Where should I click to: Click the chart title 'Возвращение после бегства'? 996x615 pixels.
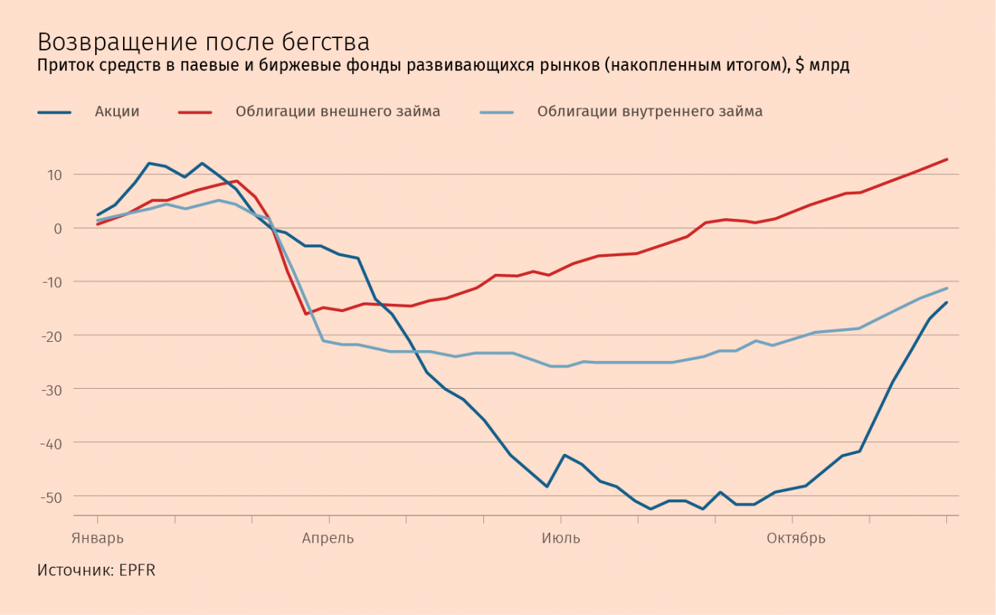click(x=204, y=41)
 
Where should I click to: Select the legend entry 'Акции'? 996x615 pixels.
click(x=116, y=111)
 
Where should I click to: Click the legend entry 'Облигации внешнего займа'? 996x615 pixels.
click(x=338, y=111)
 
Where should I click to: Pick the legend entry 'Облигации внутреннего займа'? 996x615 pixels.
click(x=650, y=111)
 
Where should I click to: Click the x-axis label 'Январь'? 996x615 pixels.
click(x=97, y=538)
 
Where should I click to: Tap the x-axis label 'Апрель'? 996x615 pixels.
click(x=328, y=538)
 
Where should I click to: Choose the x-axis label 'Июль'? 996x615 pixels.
click(x=561, y=538)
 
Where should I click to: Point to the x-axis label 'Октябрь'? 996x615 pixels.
click(x=796, y=538)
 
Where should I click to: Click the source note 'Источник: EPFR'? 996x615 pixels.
click(x=96, y=570)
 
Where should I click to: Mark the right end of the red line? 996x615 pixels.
click(x=947, y=159)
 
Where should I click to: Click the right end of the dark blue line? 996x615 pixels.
click(x=947, y=302)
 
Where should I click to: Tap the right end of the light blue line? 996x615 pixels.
click(x=947, y=288)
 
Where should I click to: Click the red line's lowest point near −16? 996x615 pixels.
click(x=305, y=314)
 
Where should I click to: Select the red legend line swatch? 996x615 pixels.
click(x=195, y=112)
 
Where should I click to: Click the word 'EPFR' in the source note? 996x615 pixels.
click(x=137, y=570)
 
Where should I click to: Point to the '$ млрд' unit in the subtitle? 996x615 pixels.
click(x=822, y=66)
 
